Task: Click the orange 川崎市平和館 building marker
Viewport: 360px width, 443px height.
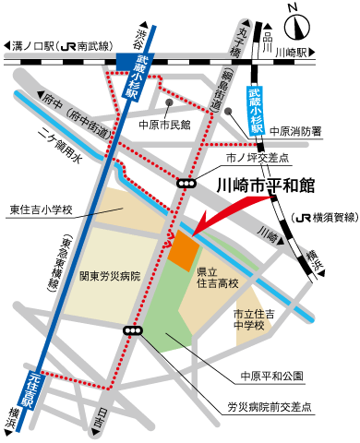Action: (184, 246)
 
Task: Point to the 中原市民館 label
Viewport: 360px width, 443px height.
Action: (163, 123)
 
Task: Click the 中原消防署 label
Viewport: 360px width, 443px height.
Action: (297, 132)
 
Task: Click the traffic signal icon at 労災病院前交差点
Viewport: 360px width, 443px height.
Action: (135, 330)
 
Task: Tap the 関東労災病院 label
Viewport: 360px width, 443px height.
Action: (110, 276)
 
